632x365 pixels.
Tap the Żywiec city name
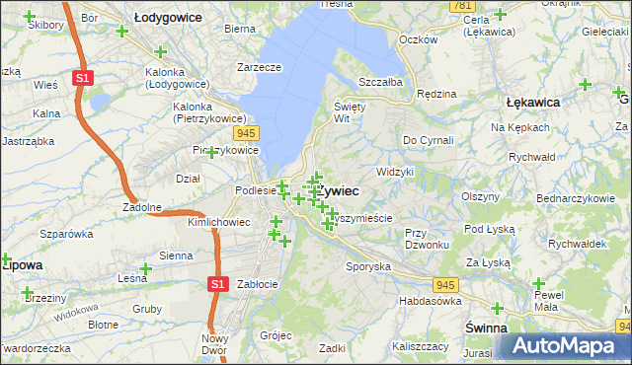coord(338,189)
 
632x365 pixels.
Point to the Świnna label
coord(486,327)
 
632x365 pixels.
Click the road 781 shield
coord(460,6)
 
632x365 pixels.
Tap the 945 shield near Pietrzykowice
coord(247,132)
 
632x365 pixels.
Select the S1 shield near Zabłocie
coord(219,284)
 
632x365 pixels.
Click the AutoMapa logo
coord(566,345)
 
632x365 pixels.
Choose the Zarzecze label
coord(259,67)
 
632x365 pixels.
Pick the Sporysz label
coord(368,266)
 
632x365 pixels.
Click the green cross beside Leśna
coord(146,269)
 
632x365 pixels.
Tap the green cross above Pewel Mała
coord(539,283)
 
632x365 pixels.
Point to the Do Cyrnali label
coord(428,141)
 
